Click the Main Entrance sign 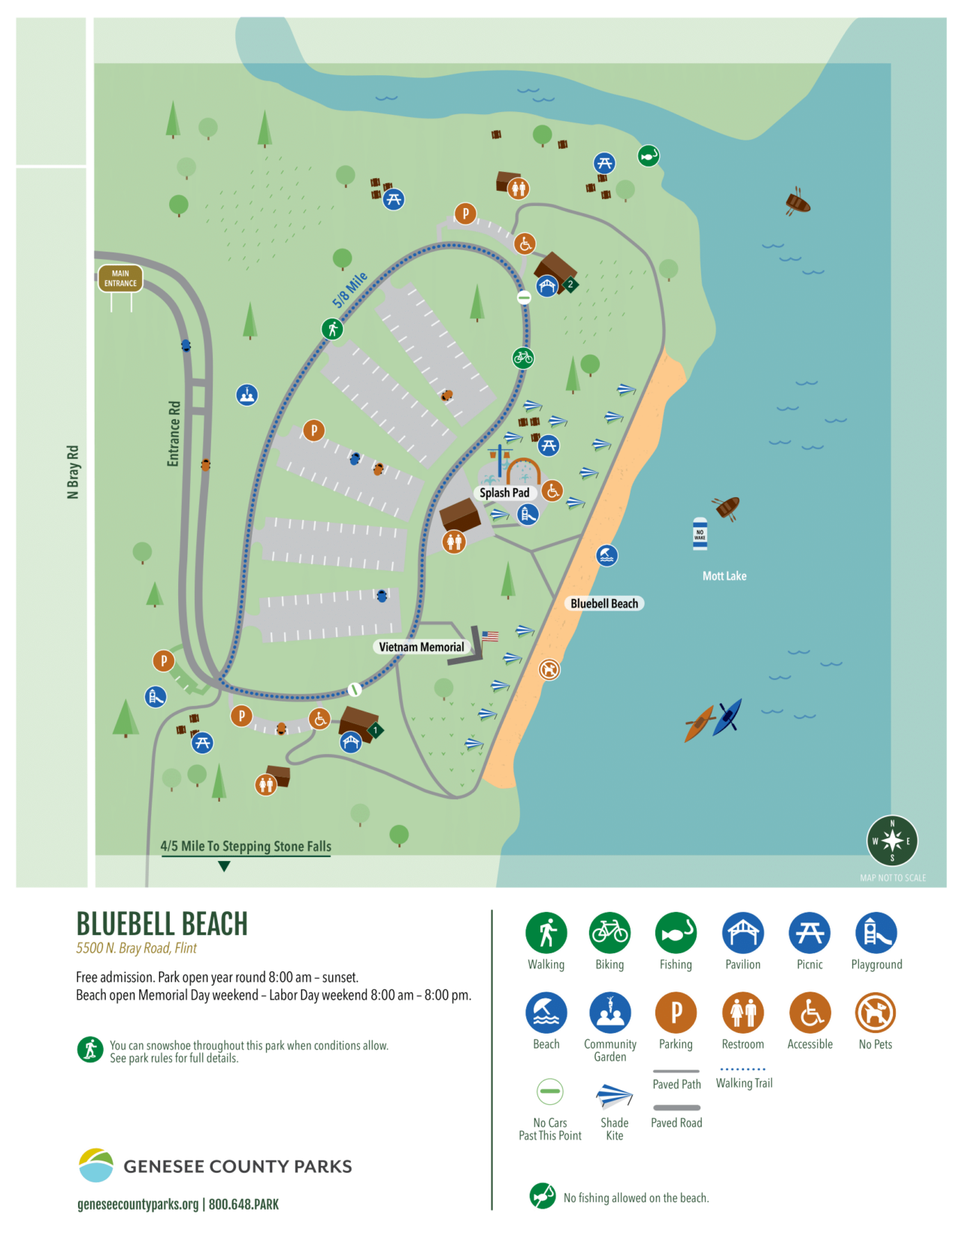pos(120,279)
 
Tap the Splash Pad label pos(504,493)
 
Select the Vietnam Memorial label pos(421,647)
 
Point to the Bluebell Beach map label pos(604,603)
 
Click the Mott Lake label pos(724,576)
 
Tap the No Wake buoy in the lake pos(700,534)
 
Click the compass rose pos(892,841)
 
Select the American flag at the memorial pos(490,636)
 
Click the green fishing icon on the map pos(649,155)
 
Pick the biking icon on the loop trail pos(523,358)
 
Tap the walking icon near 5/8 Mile pos(332,328)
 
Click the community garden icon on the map pos(247,394)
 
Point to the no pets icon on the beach pos(549,669)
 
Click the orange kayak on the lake pos(699,723)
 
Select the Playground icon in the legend pos(876,933)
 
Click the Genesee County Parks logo pos(95,1165)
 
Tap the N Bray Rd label pos(73,472)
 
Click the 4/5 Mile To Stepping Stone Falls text pos(246,847)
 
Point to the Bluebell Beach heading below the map pos(162,924)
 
